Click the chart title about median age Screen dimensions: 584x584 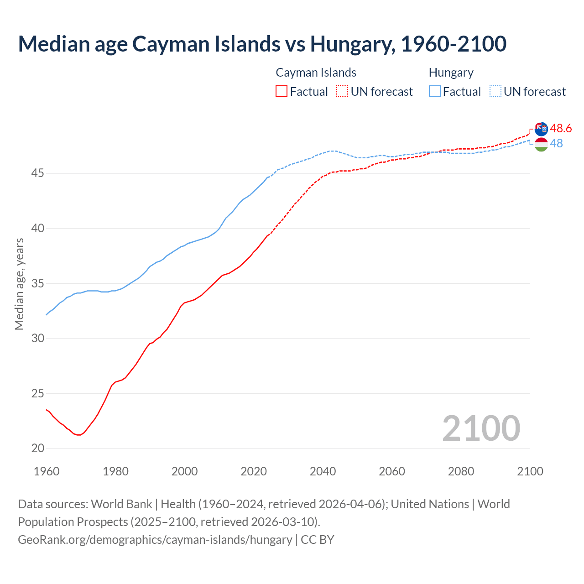(x=262, y=44)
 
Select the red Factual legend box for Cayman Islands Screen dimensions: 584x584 (x=282, y=92)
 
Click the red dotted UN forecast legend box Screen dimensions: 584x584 (x=342, y=92)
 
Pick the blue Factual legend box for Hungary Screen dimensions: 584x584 (x=435, y=92)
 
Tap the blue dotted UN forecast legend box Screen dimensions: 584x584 (x=495, y=92)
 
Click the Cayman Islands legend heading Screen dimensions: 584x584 (x=316, y=73)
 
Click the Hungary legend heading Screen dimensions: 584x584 (x=451, y=73)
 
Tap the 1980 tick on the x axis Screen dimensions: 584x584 (x=115, y=471)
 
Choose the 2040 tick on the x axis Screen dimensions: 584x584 (x=323, y=471)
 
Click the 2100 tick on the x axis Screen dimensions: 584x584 (x=530, y=471)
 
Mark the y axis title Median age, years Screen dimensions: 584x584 (x=19, y=284)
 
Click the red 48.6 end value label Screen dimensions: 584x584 (x=561, y=128)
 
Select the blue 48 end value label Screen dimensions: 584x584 (x=556, y=143)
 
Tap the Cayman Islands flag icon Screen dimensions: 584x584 (x=541, y=129)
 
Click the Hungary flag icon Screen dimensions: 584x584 (x=541, y=145)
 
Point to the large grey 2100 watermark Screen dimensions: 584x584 (x=481, y=428)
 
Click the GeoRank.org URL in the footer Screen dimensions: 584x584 (x=155, y=540)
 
